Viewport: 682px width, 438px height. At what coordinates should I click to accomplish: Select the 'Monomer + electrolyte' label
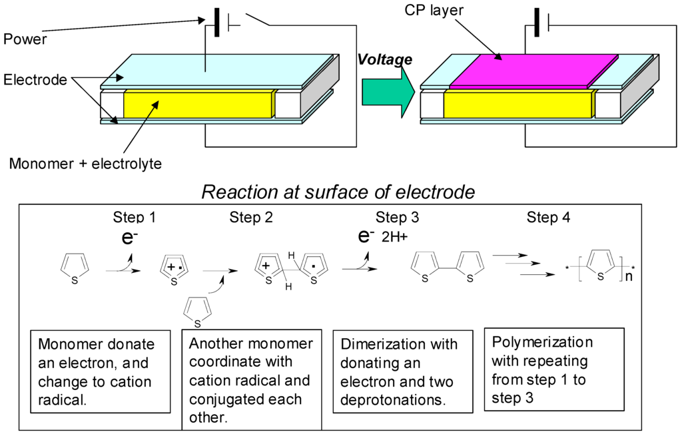(85, 163)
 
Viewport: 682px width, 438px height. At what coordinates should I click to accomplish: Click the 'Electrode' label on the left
(35, 80)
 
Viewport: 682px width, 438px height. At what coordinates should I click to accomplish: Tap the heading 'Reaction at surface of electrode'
(338, 192)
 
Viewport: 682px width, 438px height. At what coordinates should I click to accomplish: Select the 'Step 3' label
(397, 218)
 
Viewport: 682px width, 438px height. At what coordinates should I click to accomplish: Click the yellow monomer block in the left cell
(198, 104)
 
